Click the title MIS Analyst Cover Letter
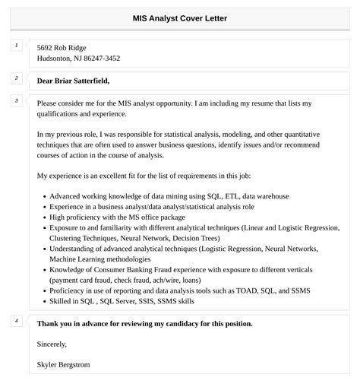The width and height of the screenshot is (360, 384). (179, 18)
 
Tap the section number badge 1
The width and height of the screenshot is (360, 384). (16, 46)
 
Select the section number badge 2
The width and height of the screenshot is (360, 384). (16, 78)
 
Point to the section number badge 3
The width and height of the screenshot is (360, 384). (16, 100)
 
